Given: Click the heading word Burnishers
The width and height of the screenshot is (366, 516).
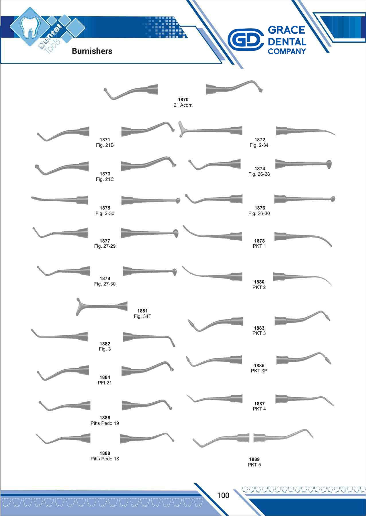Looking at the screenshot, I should [x=92, y=51].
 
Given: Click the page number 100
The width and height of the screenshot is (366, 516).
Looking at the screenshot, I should [x=223, y=495].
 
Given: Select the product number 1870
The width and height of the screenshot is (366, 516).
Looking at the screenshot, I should [x=183, y=99].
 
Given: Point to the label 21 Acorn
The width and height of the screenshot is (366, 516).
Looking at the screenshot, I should [x=183, y=105].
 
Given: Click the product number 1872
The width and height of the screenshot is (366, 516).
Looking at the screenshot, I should [x=260, y=140].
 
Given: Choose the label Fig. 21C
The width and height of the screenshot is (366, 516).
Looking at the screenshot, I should [x=105, y=179].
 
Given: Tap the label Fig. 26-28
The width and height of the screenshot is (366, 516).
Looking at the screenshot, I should [x=259, y=174].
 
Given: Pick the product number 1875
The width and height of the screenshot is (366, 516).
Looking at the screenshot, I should [x=105, y=208].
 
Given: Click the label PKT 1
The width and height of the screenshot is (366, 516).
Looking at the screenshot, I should [x=259, y=246].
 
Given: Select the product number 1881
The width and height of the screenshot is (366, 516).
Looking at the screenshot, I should [x=142, y=311].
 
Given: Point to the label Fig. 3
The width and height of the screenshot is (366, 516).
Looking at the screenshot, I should [x=105, y=349].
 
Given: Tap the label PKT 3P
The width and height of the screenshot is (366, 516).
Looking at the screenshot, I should [x=259, y=371].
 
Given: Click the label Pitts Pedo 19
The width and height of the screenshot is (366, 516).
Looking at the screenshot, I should [x=105, y=423].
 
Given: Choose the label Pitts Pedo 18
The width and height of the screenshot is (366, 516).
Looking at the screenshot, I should [x=105, y=459].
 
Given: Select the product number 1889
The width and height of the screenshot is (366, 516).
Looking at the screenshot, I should [x=254, y=459].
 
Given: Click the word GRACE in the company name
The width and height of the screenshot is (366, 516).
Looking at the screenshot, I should [x=286, y=30].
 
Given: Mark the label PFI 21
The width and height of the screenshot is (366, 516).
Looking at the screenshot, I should [x=105, y=383].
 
